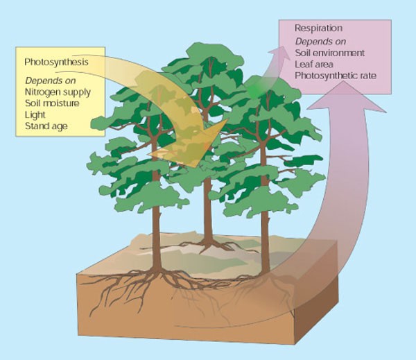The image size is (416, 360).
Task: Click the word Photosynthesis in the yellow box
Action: tap(56, 62)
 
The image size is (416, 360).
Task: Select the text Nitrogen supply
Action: tap(58, 92)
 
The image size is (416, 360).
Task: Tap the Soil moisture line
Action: tap(52, 103)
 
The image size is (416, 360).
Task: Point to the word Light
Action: tap(35, 115)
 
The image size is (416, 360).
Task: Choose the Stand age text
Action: tap(46, 126)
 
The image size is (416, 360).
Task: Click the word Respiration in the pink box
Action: tap(319, 28)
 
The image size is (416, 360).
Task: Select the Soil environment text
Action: tap(330, 53)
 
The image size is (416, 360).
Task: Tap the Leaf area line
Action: tap(314, 65)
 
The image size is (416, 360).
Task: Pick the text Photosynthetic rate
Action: tap(336, 76)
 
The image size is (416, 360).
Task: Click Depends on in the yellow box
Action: tap(51, 80)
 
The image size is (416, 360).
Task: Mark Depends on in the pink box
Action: tap(320, 42)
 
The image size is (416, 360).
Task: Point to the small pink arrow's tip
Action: tap(282, 46)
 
